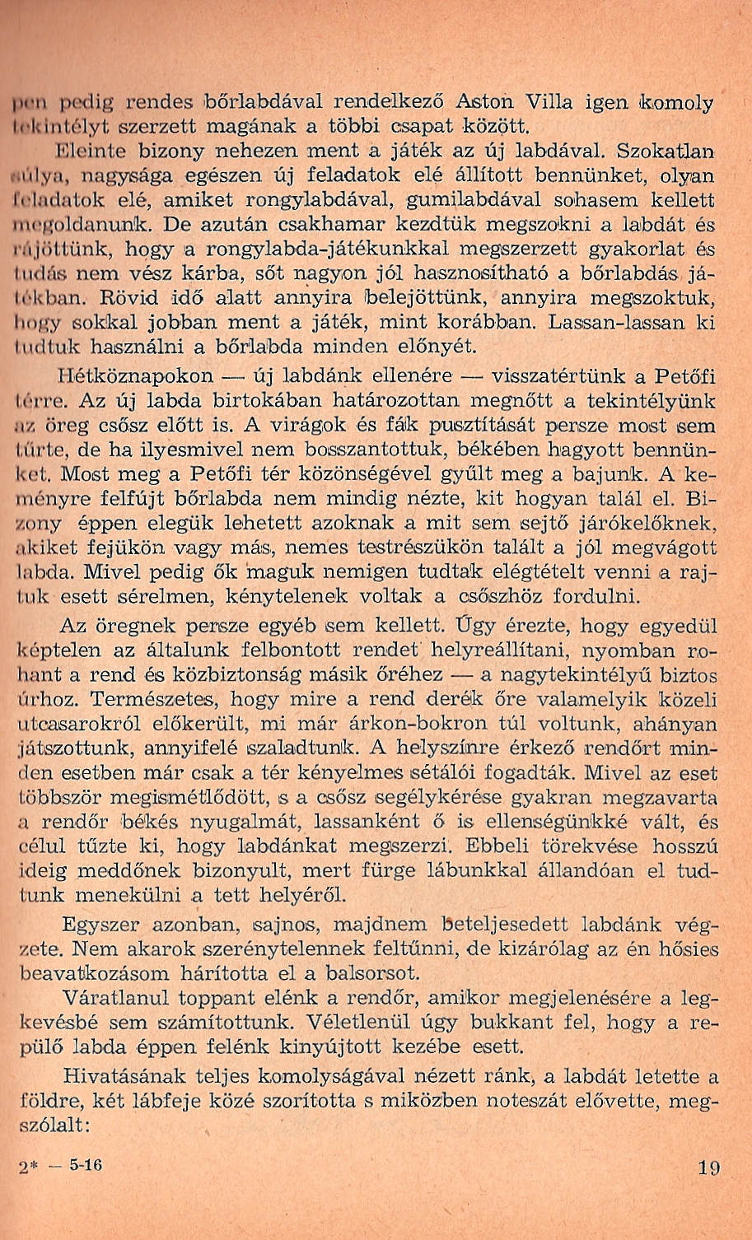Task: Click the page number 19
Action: click(708, 1168)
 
